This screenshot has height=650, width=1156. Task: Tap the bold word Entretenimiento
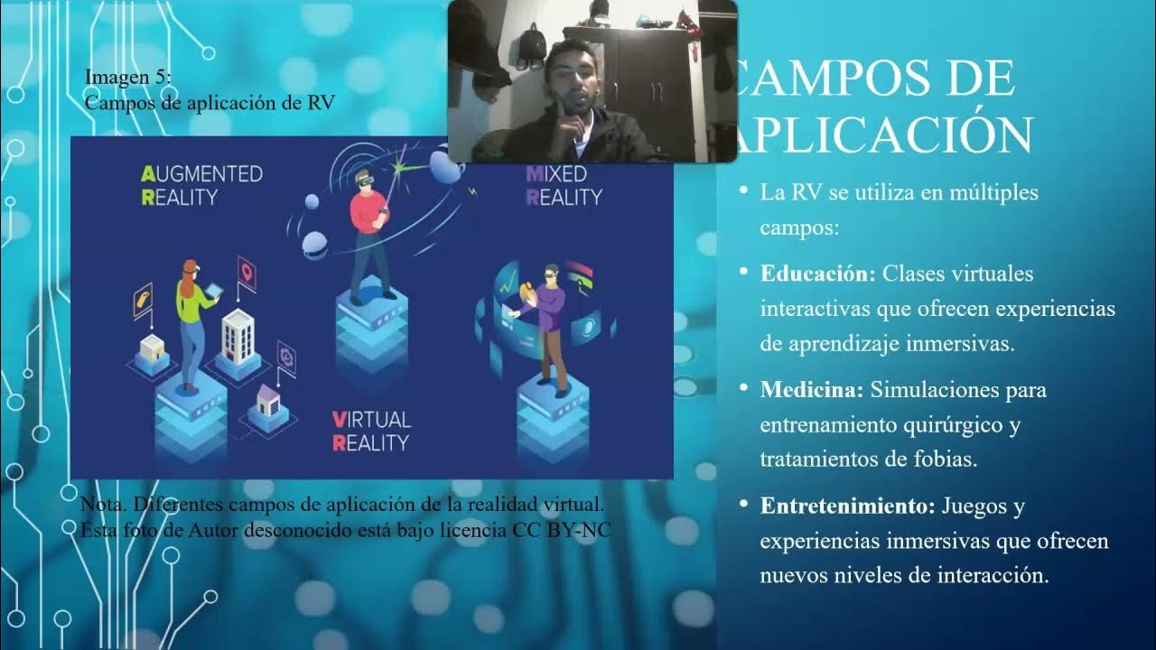[x=847, y=506]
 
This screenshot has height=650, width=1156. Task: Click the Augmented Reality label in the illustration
[x=201, y=185]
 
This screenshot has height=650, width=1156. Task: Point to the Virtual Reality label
[x=370, y=431]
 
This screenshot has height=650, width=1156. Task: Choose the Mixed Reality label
[x=563, y=185]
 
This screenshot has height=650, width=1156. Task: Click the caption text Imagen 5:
[x=127, y=78]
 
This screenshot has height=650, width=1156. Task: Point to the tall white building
[x=238, y=334]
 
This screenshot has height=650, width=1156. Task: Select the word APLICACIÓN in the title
[x=884, y=135]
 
